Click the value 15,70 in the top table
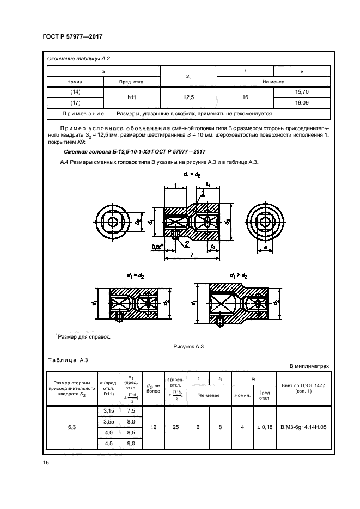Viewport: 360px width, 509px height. tap(301, 91)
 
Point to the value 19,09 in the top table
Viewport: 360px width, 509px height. tap(301, 102)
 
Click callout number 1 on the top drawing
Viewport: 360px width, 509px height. tap(203, 192)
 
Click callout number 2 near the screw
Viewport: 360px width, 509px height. tap(186, 243)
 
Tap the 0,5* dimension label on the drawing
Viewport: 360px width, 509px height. tap(158, 247)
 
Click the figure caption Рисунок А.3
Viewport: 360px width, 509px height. tap(188, 346)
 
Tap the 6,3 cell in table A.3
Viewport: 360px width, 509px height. tap(72, 428)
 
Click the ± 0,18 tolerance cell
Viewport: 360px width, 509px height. tap(264, 428)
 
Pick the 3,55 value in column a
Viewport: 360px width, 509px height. tap(108, 422)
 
